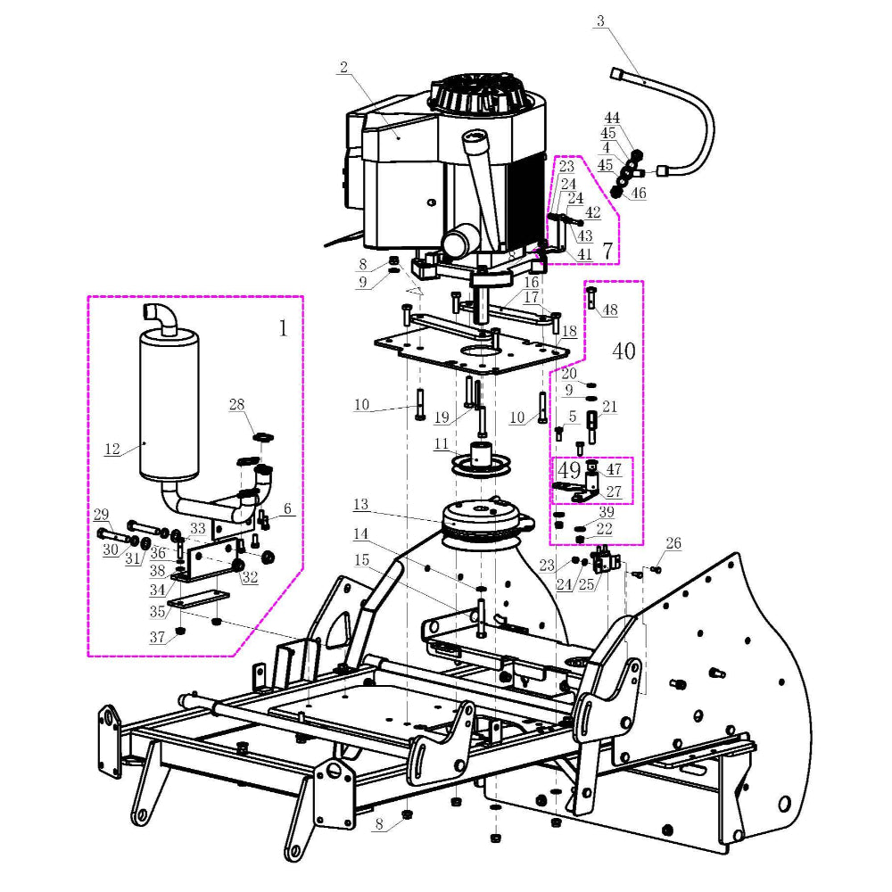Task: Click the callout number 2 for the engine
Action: (x=343, y=67)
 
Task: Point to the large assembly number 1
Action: (x=284, y=328)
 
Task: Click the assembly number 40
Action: (x=624, y=351)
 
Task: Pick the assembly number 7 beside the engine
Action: (x=607, y=251)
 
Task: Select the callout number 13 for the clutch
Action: (x=360, y=505)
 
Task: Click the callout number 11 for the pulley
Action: (x=442, y=443)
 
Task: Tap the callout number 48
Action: (x=610, y=310)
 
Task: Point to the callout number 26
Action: (x=673, y=543)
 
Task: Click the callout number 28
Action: (x=236, y=406)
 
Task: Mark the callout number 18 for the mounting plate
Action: (x=569, y=331)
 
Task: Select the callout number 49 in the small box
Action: (x=569, y=469)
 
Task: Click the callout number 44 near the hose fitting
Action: (x=612, y=119)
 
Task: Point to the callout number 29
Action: (x=101, y=515)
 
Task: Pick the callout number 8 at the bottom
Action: (x=379, y=826)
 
